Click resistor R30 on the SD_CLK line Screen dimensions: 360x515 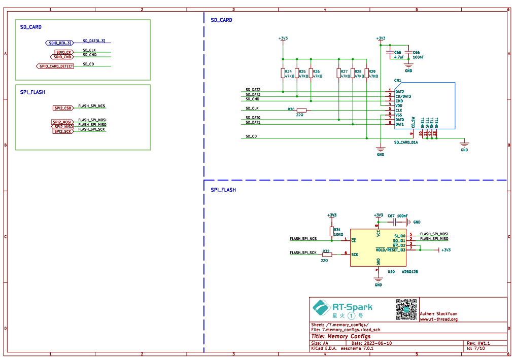click(x=301, y=110)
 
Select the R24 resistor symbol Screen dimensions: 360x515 click(x=283, y=74)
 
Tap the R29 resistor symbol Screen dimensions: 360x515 click(x=366, y=74)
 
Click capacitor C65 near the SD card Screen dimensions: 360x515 click(x=390, y=52)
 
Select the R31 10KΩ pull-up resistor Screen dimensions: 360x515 click(x=331, y=231)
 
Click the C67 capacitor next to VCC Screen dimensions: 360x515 click(x=396, y=222)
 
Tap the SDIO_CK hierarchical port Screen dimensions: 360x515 click(x=64, y=52)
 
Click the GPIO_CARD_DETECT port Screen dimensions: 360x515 click(x=56, y=66)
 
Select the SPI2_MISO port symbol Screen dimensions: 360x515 click(x=63, y=127)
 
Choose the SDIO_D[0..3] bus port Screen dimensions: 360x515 click(x=59, y=43)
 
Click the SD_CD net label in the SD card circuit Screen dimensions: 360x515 click(x=251, y=136)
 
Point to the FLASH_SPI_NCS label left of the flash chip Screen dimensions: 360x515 click(x=303, y=238)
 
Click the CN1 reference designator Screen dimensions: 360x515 click(x=397, y=80)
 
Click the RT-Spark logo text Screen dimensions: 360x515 click(x=352, y=307)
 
